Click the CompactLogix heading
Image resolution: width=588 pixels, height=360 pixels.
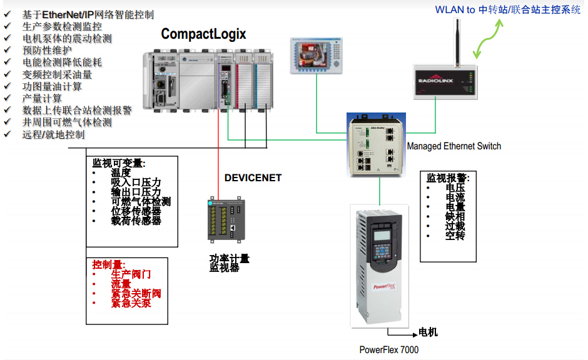tap(203, 34)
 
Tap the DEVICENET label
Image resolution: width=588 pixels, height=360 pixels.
tap(253, 178)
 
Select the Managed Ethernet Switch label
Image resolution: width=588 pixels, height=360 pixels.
tap(454, 146)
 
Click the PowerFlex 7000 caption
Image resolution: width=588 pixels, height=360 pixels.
tap(388, 350)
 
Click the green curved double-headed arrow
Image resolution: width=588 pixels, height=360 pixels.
tap(487, 39)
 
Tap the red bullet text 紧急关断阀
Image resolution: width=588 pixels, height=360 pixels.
tap(136, 293)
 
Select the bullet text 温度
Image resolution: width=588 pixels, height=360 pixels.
tap(121, 172)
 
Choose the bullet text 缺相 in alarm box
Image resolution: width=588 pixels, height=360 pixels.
tap(455, 216)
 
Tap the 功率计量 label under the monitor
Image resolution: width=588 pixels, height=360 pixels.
tap(229, 258)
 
